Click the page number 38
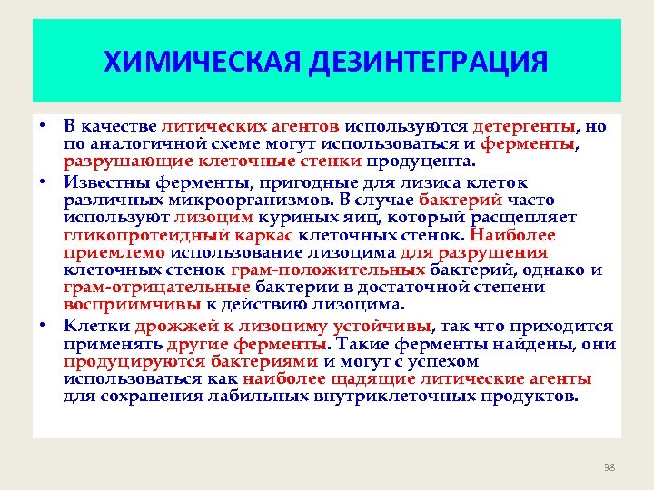(609, 467)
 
